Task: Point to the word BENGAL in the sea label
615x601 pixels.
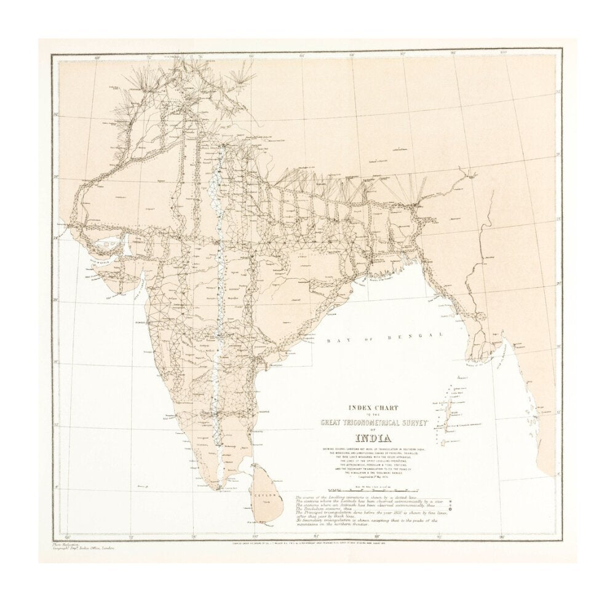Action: pyautogui.click(x=422, y=335)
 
